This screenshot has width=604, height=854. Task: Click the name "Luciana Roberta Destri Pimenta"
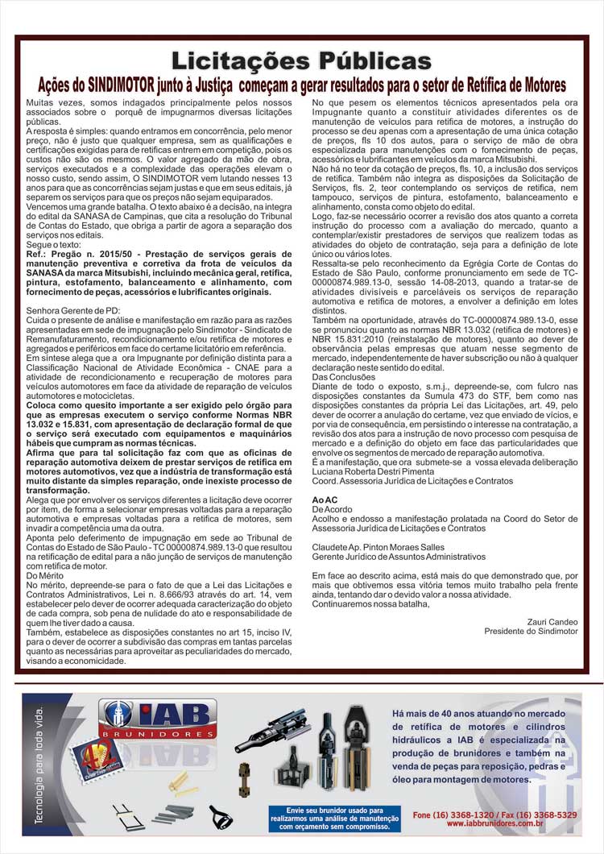(x=372, y=471)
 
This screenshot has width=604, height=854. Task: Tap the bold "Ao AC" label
(x=325, y=500)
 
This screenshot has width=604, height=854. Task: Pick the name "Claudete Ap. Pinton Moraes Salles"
(x=379, y=546)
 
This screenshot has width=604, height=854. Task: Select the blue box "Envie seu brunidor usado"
(x=333, y=818)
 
